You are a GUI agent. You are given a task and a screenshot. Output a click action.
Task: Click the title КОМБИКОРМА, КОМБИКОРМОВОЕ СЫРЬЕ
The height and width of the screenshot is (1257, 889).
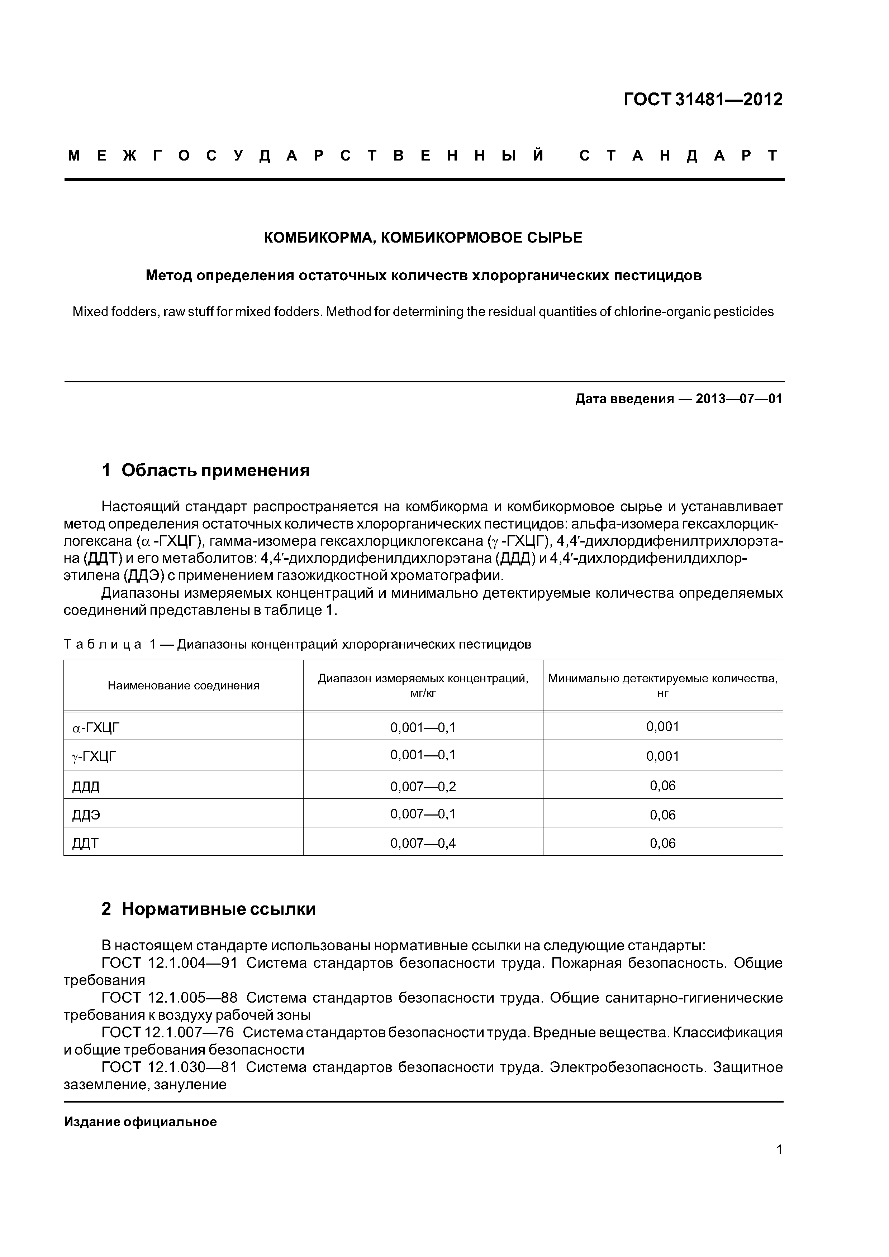pyautogui.click(x=423, y=238)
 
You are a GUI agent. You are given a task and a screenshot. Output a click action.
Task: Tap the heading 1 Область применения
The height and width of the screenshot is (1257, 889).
pyautogui.click(x=205, y=470)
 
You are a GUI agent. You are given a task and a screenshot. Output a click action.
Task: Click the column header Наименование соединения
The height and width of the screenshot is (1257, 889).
pyautogui.click(x=184, y=685)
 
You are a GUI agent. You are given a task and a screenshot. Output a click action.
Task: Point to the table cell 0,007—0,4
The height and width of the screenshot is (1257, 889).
pyautogui.click(x=423, y=843)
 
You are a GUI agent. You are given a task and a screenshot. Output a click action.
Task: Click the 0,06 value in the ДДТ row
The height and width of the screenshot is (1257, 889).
pyautogui.click(x=663, y=843)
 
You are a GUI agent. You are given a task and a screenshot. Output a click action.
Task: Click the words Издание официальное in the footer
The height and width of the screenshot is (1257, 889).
pyautogui.click(x=140, y=1122)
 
